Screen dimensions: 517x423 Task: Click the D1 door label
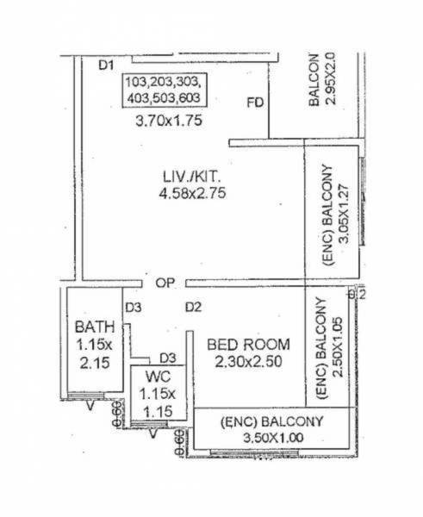coord(106,63)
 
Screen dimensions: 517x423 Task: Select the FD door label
coord(254,104)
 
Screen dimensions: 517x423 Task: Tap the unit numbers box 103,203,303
coord(163,90)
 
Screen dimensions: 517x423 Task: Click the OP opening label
coord(166,283)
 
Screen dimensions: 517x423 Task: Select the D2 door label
coord(193,308)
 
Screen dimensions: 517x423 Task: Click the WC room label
coord(155,376)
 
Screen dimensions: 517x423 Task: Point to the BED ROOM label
coord(249,345)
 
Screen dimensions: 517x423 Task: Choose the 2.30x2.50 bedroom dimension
coord(249,362)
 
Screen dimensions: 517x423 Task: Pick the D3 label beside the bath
coord(133,308)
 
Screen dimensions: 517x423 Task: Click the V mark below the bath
coord(90,408)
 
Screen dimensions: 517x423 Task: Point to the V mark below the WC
coord(153,433)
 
